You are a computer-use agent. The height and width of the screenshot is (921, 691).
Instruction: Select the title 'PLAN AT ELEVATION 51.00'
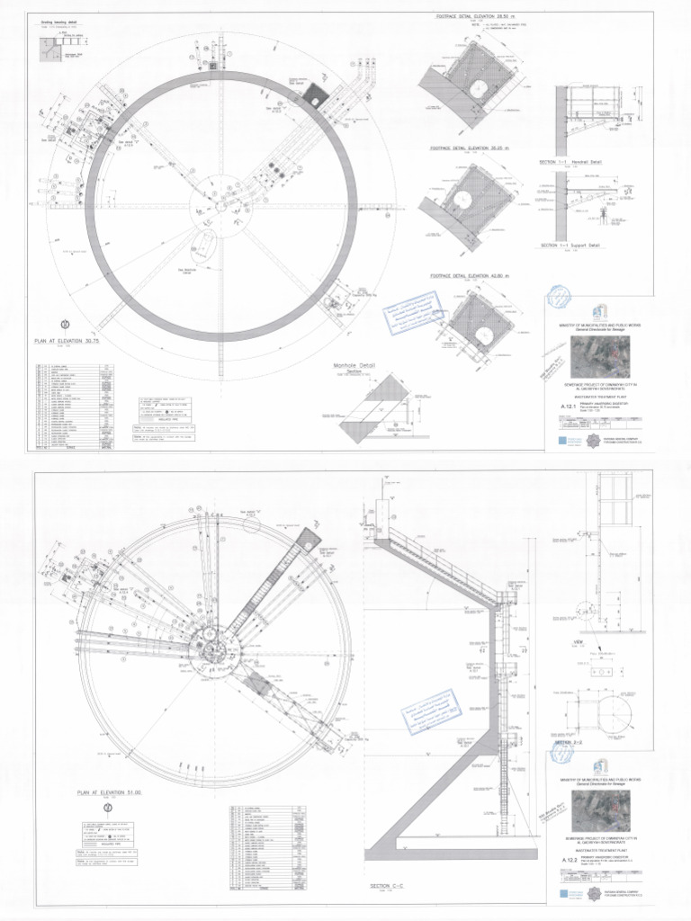111,791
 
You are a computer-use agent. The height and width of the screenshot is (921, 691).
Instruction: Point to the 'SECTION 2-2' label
569,744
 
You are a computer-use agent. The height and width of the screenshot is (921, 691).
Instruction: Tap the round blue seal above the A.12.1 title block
559,296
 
